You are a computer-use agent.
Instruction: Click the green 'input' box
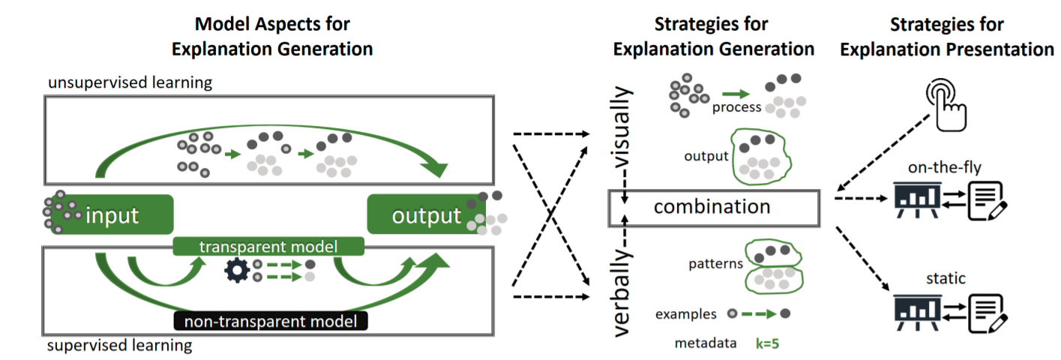(x=112, y=216)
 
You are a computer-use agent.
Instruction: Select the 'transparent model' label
(x=268, y=246)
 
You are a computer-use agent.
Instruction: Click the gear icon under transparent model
(x=237, y=270)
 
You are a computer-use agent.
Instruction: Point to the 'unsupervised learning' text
(x=130, y=82)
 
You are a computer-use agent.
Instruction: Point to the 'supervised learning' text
(x=119, y=346)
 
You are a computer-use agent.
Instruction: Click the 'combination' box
(x=712, y=207)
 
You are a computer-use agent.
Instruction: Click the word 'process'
(x=736, y=107)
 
